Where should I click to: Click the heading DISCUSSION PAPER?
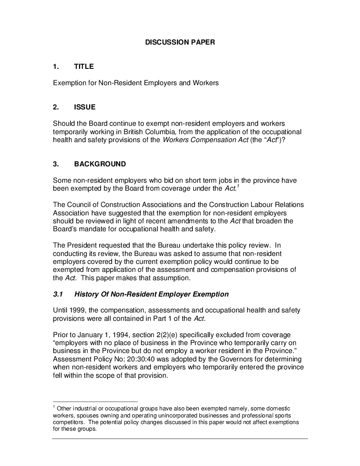(x=180, y=42)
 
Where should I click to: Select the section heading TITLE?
(x=84, y=67)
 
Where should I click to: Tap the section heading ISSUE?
(x=85, y=107)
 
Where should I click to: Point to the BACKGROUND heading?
(x=100, y=164)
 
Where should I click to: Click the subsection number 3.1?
(x=58, y=294)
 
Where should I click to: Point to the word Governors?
(x=244, y=359)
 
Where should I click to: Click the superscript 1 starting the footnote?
(x=54, y=407)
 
